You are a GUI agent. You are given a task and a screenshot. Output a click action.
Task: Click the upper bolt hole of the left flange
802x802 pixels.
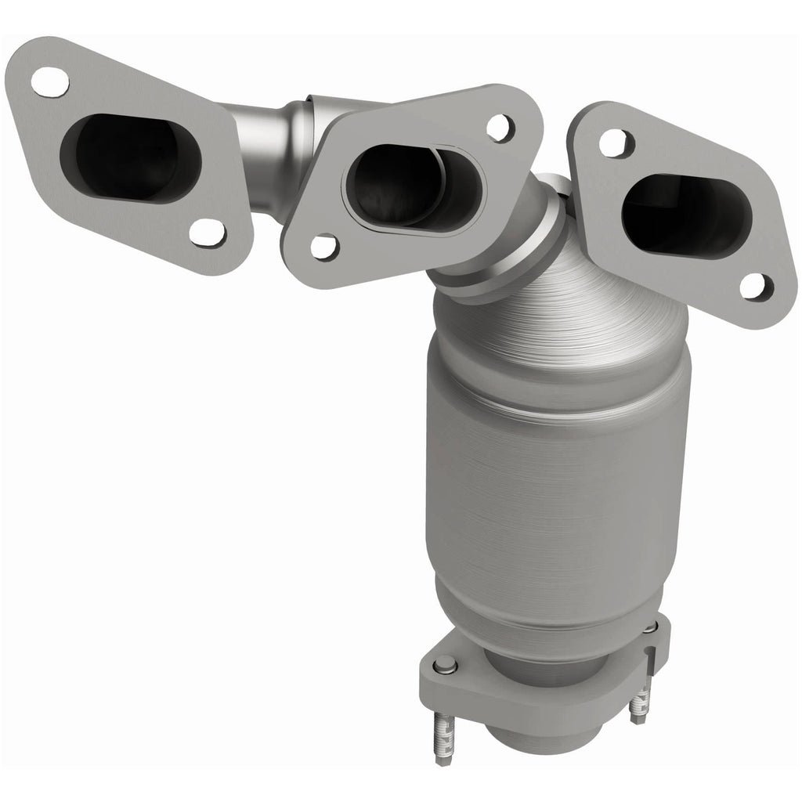coord(49,79)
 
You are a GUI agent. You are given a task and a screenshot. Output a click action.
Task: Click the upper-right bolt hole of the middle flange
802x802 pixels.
coord(499,125)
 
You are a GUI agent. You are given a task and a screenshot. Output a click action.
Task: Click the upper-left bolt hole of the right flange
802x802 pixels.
coord(615,142)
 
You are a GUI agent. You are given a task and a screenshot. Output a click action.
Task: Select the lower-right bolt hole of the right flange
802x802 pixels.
coord(753,287)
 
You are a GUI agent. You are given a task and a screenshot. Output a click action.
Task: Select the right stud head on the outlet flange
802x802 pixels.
coord(651,627)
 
